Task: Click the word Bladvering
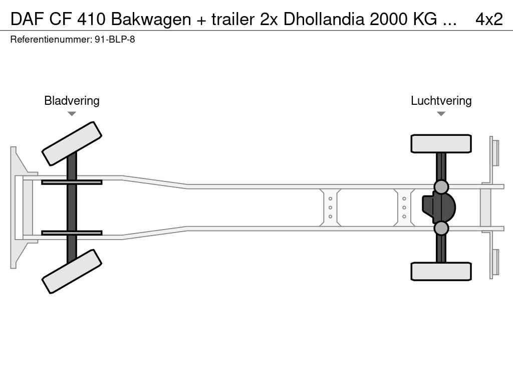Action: pyautogui.click(x=72, y=101)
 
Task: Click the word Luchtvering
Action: pyautogui.click(x=441, y=101)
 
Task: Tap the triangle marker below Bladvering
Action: pyautogui.click(x=72, y=114)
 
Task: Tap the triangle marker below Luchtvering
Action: pyautogui.click(x=441, y=114)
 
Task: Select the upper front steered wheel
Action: pyautogui.click(x=72, y=144)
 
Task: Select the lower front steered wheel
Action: pyautogui.click(x=72, y=271)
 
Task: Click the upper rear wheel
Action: pyautogui.click(x=441, y=143)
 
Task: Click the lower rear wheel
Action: pyautogui.click(x=441, y=271)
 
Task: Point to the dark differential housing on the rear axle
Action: pyautogui.click(x=439, y=208)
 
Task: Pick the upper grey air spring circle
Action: pyautogui.click(x=441, y=187)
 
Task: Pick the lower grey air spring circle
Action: pyautogui.click(x=441, y=228)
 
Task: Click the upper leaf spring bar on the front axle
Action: pyautogui.click(x=72, y=182)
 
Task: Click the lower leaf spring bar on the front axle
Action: pyautogui.click(x=72, y=233)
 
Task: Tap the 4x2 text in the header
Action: pyautogui.click(x=489, y=20)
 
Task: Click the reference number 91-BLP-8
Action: pyautogui.click(x=115, y=40)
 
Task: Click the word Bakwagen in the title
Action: pyautogui.click(x=151, y=20)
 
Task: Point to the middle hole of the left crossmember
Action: pyautogui.click(x=331, y=208)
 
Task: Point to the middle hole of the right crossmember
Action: pyautogui.click(x=404, y=208)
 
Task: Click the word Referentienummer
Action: pyautogui.click(x=51, y=40)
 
